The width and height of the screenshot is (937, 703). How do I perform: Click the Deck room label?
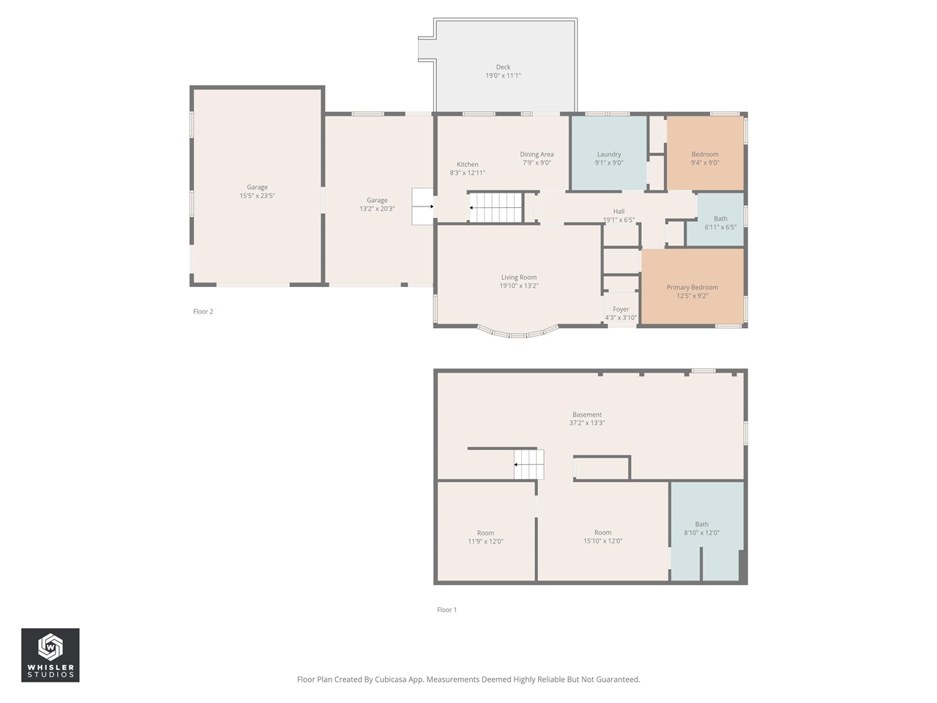[503, 67]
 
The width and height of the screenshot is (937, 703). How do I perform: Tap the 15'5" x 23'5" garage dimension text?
[257, 196]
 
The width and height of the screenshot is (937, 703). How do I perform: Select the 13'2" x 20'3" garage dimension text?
[377, 209]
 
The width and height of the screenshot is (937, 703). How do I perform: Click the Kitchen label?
[468, 164]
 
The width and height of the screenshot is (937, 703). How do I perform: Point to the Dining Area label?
[537, 154]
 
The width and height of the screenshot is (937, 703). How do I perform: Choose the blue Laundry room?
[609, 153]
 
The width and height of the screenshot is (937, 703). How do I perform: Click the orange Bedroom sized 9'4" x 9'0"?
[705, 153]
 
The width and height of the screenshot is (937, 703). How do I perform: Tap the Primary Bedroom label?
[692, 287]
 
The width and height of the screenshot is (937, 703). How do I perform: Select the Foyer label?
[621, 309]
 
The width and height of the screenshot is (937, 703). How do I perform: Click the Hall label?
[619, 212]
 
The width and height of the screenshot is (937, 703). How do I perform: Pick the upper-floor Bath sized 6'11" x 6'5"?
[720, 220]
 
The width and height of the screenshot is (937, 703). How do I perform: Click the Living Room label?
[519, 278]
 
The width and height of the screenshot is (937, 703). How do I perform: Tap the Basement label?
[587, 414]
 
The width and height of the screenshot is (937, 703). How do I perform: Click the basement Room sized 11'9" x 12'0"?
[486, 532]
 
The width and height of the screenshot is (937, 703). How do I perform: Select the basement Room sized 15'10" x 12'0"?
[602, 532]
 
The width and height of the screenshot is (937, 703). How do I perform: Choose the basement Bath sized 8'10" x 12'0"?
[707, 532]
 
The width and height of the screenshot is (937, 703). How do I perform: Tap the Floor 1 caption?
[447, 610]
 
